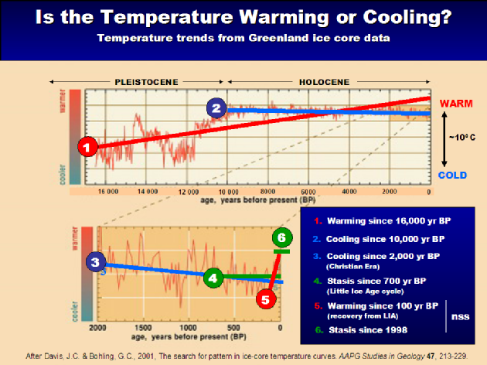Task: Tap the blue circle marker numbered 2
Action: point(217,107)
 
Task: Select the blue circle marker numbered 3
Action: point(94,262)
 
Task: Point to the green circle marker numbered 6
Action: point(282,239)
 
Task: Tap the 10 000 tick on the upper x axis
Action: point(226,191)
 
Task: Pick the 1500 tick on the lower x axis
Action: point(143,327)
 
